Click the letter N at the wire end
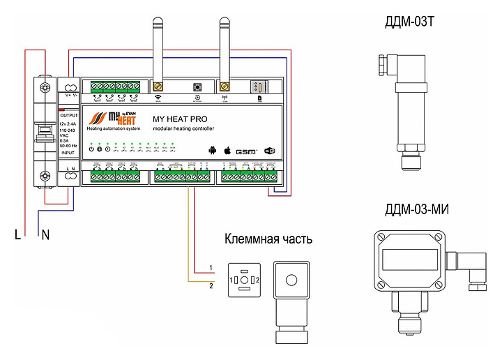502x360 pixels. pyautogui.click(x=45, y=236)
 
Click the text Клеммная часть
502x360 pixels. pyautogui.click(x=268, y=240)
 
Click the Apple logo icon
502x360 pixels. pyautogui.click(x=226, y=150)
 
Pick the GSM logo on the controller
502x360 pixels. pyautogui.click(x=246, y=151)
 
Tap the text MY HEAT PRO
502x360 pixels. pyautogui.click(x=180, y=119)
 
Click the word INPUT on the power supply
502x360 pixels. pyautogui.click(x=68, y=151)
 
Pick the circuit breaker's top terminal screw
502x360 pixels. pyautogui.click(x=45, y=87)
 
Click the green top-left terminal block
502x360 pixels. pyautogui.click(x=115, y=86)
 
